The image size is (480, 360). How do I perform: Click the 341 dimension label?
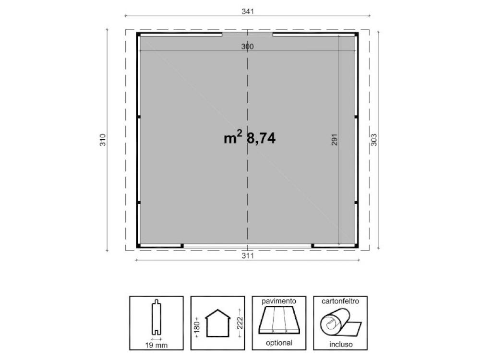[x=248, y=12]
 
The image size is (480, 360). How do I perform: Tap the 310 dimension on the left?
[x=103, y=140]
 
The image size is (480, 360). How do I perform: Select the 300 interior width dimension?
[x=247, y=47]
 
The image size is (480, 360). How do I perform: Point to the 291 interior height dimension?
[x=334, y=140]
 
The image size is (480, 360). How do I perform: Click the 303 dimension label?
[x=374, y=140]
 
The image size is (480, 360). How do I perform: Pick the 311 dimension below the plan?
[x=248, y=256]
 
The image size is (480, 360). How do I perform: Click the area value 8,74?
[x=261, y=138]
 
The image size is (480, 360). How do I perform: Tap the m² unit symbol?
[x=233, y=137]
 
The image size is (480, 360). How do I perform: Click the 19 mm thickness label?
[x=156, y=345]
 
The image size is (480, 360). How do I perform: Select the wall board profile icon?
[x=156, y=317]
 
